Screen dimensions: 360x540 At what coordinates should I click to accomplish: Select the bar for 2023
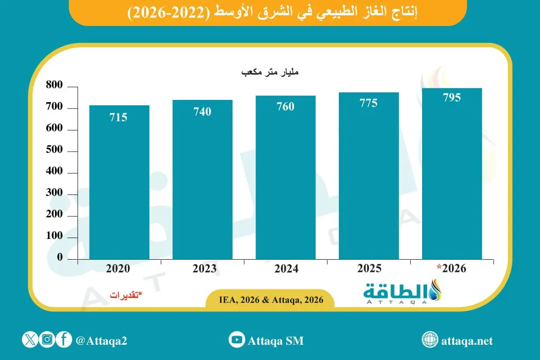(202, 180)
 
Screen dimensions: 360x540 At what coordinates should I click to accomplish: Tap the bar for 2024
(285, 178)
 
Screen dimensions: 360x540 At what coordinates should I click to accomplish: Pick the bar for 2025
(369, 175)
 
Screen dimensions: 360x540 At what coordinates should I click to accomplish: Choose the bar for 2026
(452, 173)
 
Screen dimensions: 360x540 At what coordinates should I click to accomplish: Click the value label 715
(118, 118)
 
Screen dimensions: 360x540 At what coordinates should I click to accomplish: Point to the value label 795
(451, 98)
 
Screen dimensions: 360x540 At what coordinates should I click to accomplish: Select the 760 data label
(285, 107)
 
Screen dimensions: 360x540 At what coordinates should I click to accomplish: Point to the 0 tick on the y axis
(59, 258)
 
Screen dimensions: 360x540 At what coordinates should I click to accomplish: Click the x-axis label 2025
(369, 269)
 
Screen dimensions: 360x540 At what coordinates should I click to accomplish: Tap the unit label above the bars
(270, 72)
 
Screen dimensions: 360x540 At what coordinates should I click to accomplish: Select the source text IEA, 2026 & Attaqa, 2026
(271, 300)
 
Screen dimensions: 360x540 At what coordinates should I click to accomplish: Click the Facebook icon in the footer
(64, 340)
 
